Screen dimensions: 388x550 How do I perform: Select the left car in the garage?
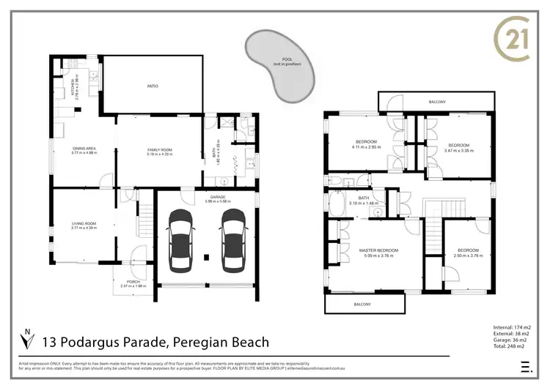point(180,239)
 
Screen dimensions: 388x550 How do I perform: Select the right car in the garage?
point(233,239)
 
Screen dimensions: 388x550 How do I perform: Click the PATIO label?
point(153,86)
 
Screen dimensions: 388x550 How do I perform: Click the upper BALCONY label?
point(438,102)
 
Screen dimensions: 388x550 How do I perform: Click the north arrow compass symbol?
point(27,340)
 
